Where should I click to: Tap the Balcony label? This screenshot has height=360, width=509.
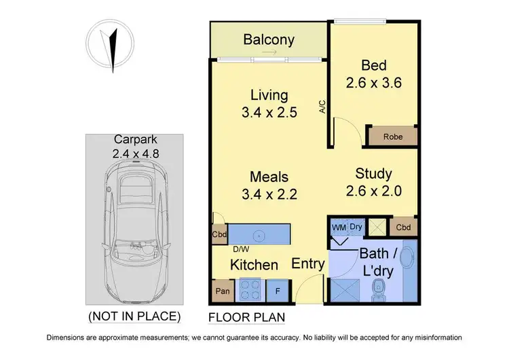(x=269, y=39)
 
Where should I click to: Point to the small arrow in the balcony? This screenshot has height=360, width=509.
(x=269, y=52)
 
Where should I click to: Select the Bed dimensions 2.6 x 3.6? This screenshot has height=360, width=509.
(x=373, y=84)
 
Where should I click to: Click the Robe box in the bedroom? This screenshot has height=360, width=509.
(x=392, y=136)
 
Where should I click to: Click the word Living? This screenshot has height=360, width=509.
(x=269, y=95)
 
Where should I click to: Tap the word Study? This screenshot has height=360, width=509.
(x=373, y=174)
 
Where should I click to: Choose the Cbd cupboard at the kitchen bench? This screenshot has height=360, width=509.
(x=219, y=235)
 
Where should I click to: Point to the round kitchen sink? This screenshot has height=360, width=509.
(x=258, y=236)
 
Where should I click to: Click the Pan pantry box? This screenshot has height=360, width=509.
(x=221, y=292)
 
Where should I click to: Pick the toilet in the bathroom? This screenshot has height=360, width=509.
(x=379, y=289)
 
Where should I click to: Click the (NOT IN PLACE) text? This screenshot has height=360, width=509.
(x=134, y=316)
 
